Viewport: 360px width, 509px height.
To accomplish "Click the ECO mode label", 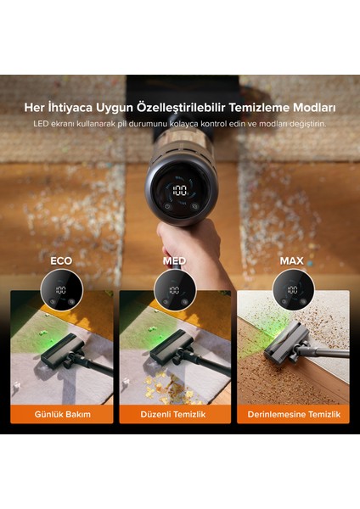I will point(61,260).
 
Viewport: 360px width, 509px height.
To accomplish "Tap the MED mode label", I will point(175,260).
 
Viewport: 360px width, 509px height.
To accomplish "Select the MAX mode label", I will point(291,260).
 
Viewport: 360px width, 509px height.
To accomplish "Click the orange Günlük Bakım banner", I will point(61,414).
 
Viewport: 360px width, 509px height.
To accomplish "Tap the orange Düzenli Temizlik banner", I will point(175,414).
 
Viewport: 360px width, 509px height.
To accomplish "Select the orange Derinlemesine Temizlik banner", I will point(293,414).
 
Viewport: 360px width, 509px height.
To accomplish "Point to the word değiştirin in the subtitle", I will point(301,124).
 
